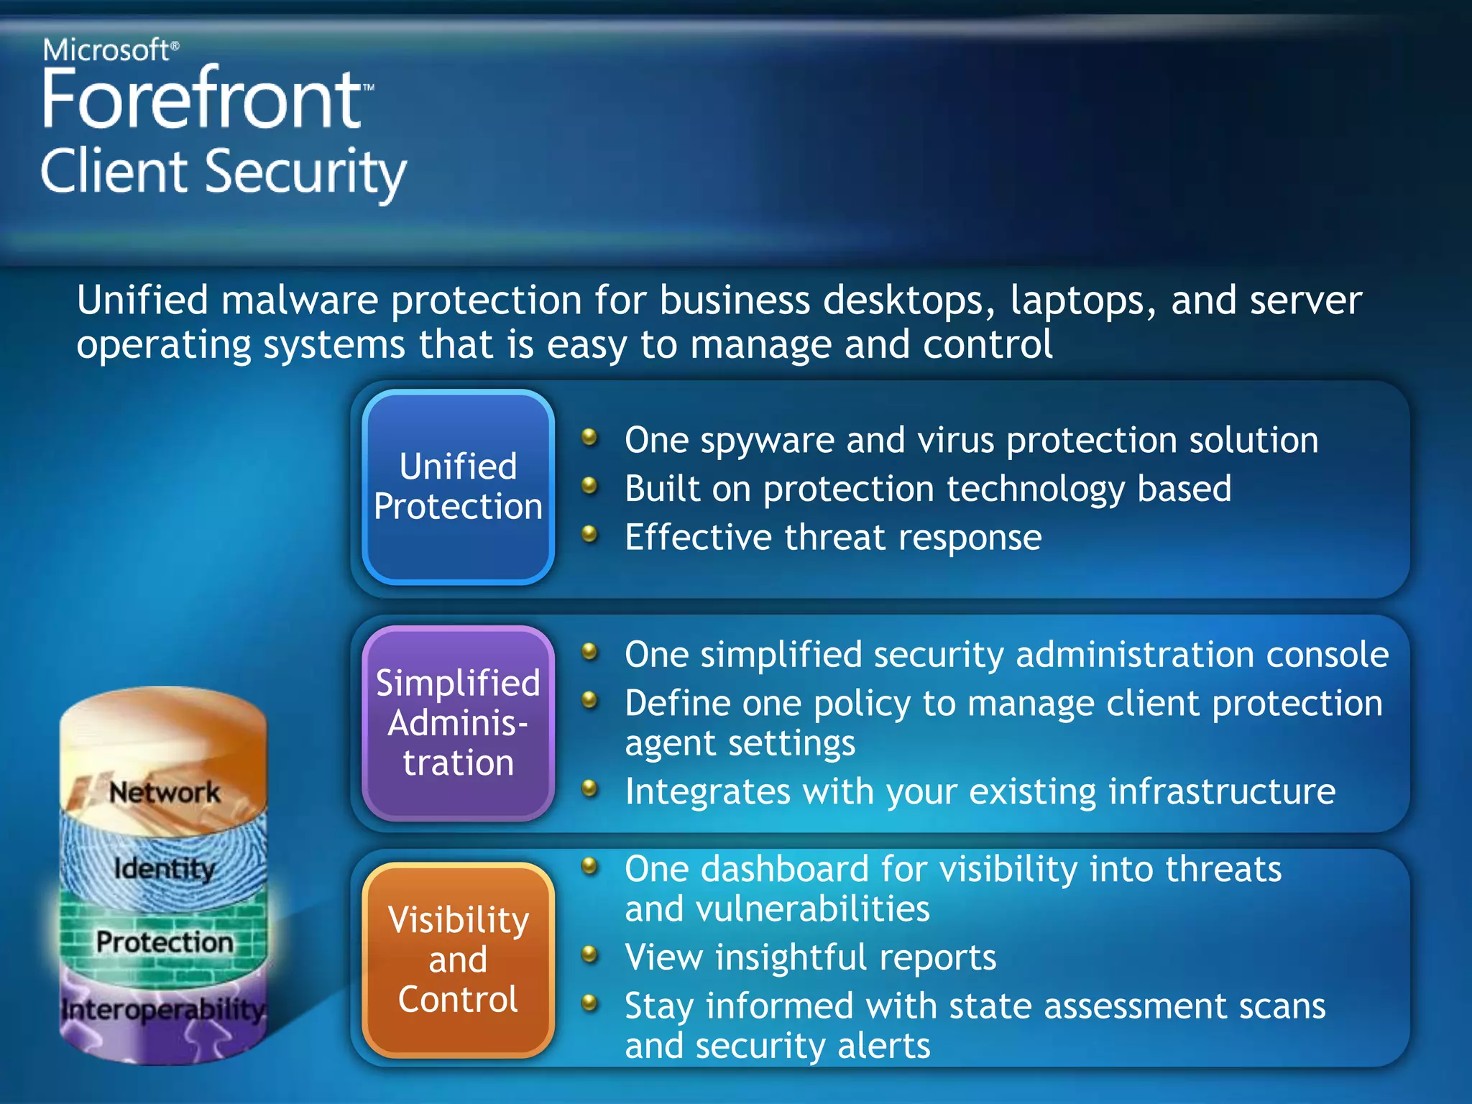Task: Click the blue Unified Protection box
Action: (x=458, y=487)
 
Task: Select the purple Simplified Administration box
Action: (x=458, y=722)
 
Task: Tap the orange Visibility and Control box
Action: (x=458, y=960)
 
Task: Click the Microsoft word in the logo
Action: (x=106, y=50)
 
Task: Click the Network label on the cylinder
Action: (x=165, y=792)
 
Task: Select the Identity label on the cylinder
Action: (x=165, y=868)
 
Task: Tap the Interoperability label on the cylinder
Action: (x=163, y=1009)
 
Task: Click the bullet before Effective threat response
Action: (x=589, y=534)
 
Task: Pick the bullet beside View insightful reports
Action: (x=589, y=954)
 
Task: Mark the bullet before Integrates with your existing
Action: (x=589, y=788)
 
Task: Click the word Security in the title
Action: (x=306, y=173)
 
